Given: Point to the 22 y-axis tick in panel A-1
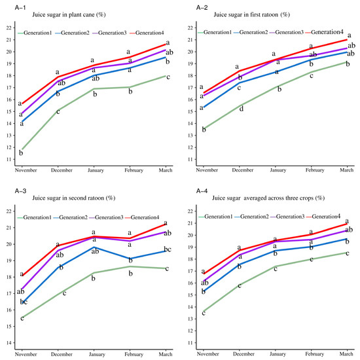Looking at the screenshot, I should click(8, 28).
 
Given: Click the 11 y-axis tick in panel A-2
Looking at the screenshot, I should click(190, 159).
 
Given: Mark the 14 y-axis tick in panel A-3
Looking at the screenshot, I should click(8, 342).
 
